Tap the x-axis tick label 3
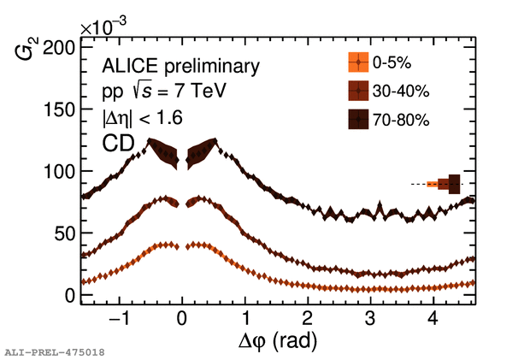click(x=369, y=320)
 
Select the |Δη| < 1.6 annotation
click(x=142, y=117)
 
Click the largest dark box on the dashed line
click(x=454, y=184)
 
